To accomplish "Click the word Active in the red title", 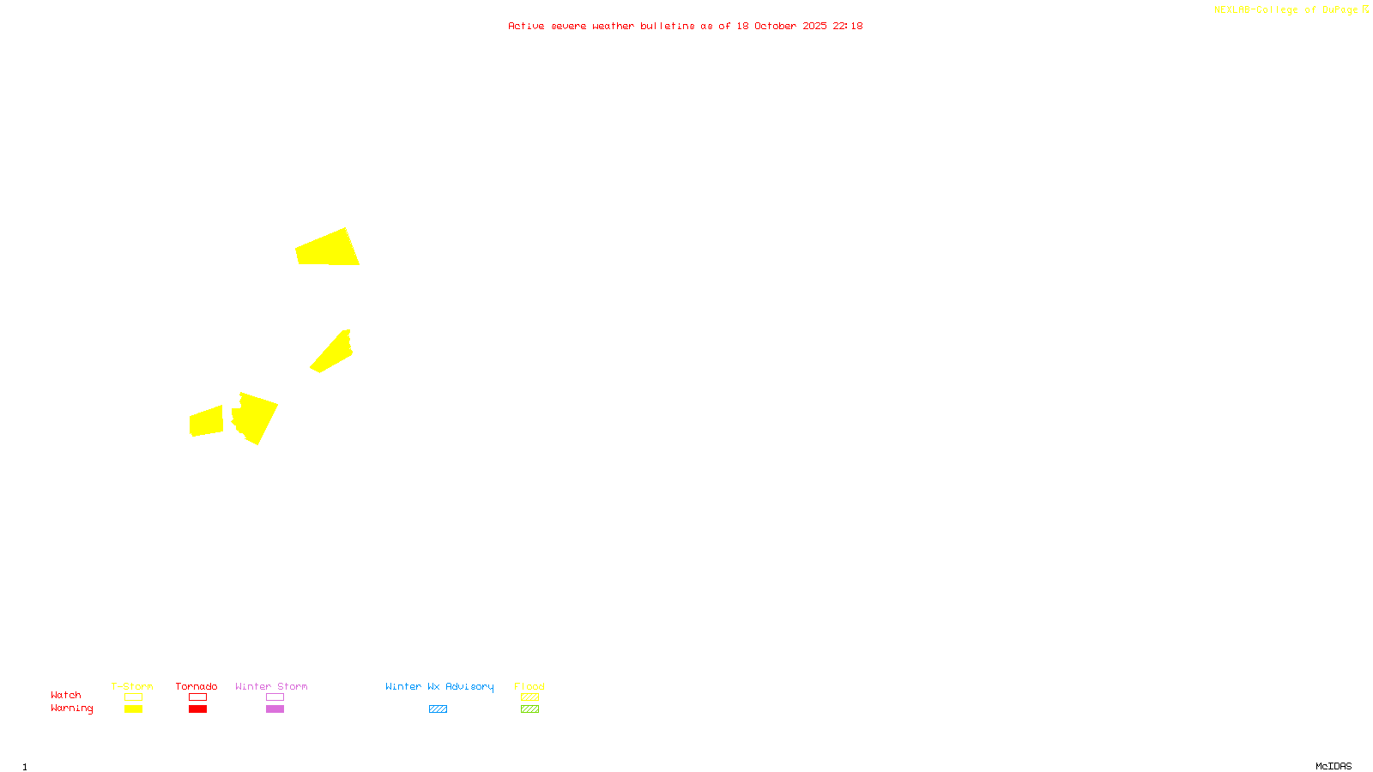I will (526, 26).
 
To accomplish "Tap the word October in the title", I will (775, 26).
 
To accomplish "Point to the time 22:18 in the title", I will (848, 26).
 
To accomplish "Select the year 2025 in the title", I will (815, 26).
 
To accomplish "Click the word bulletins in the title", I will (668, 26).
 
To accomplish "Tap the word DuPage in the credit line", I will (1340, 9).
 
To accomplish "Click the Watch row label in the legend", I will (66, 695).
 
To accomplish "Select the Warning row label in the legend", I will (71, 709).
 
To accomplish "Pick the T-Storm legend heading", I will (132, 686).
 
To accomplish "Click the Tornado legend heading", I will (197, 686).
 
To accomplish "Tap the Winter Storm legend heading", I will (271, 686).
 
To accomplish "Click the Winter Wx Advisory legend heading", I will (439, 686).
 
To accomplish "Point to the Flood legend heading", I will (529, 686).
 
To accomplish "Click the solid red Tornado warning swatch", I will (198, 709).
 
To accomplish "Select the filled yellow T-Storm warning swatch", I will (133, 709).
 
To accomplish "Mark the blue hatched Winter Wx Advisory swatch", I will (438, 709).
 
